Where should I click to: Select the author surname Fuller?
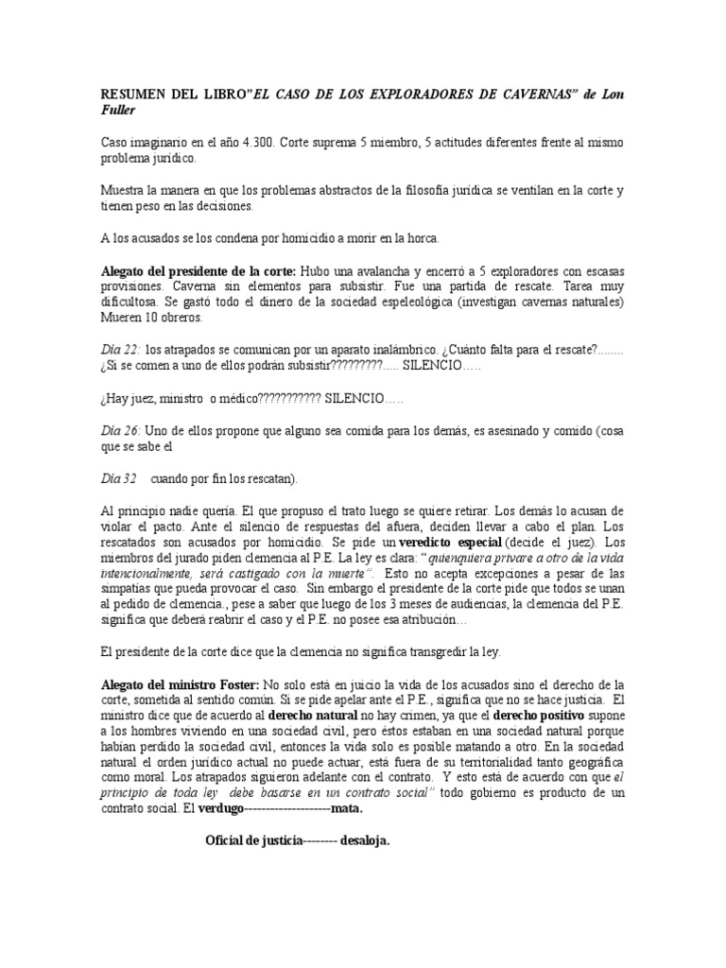[122, 111]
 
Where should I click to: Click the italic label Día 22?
[119, 349]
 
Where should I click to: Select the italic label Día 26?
[119, 429]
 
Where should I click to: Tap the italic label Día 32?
[119, 477]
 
